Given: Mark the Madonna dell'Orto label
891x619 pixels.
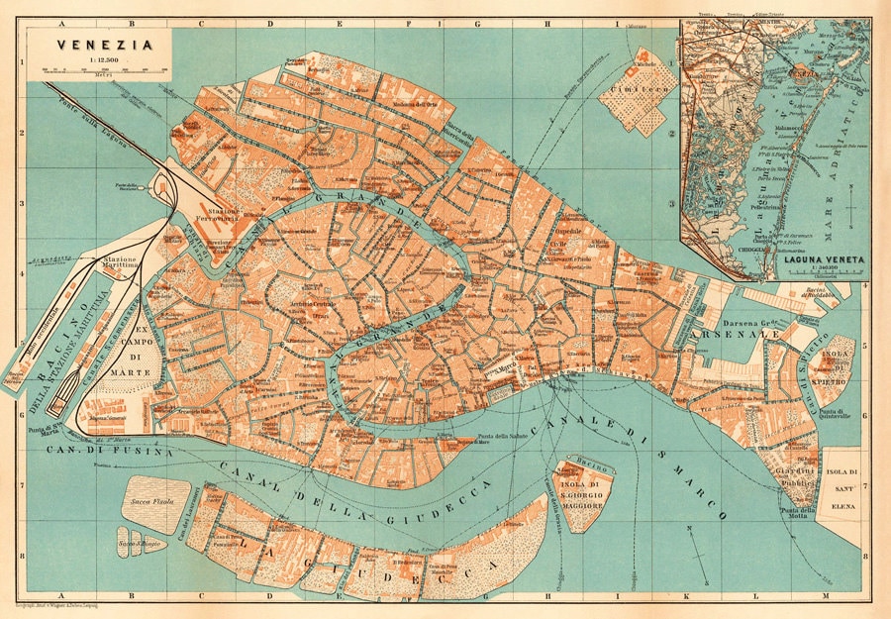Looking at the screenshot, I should click(x=414, y=103).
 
